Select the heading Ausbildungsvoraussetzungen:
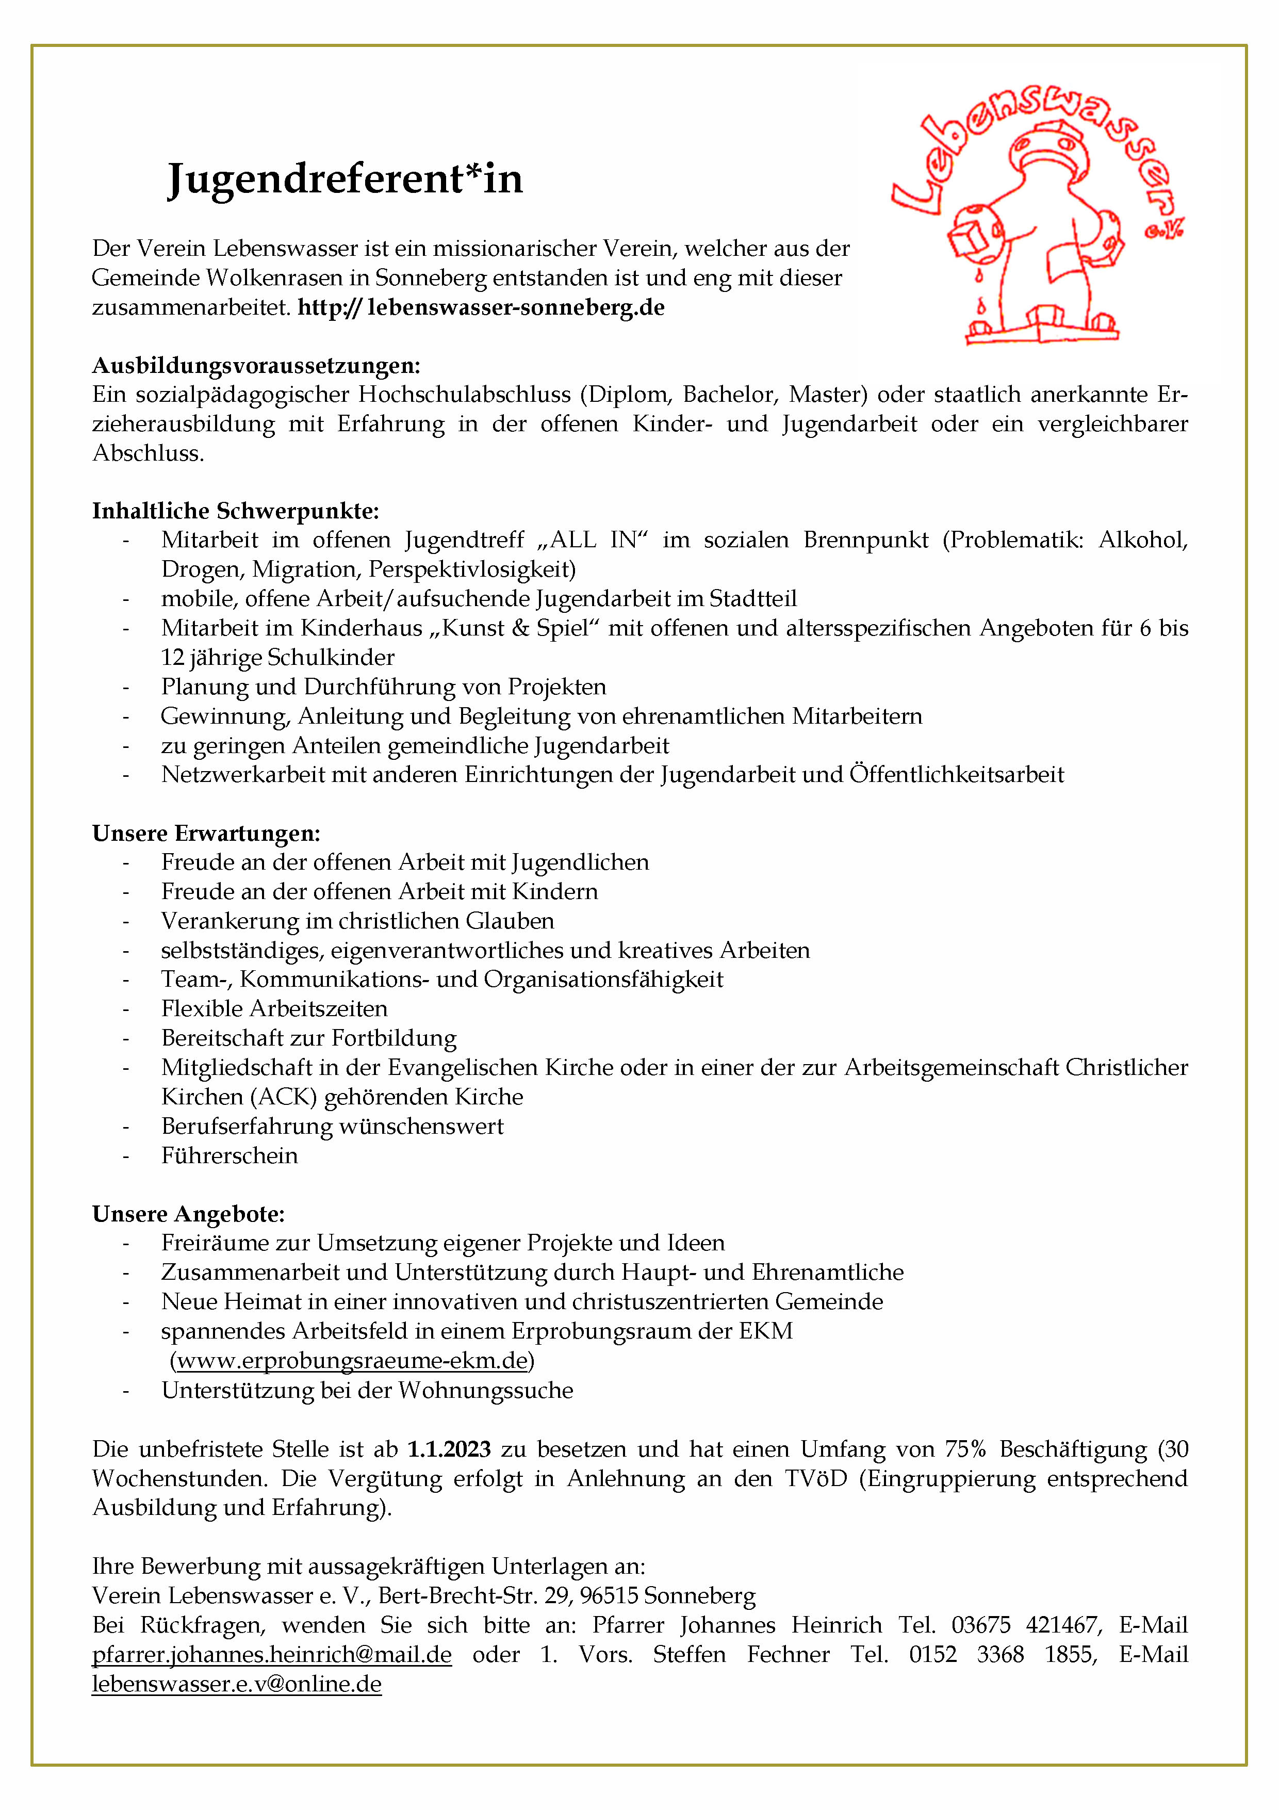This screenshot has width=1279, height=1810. pyautogui.click(x=256, y=365)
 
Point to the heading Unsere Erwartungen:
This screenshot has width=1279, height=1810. pyautogui.click(x=206, y=833)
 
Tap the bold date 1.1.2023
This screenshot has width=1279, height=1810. pyautogui.click(x=449, y=1449)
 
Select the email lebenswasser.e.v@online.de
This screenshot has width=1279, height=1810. pyautogui.click(x=236, y=1684)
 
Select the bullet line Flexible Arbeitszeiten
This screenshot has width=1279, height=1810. pyautogui.click(x=274, y=1009)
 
